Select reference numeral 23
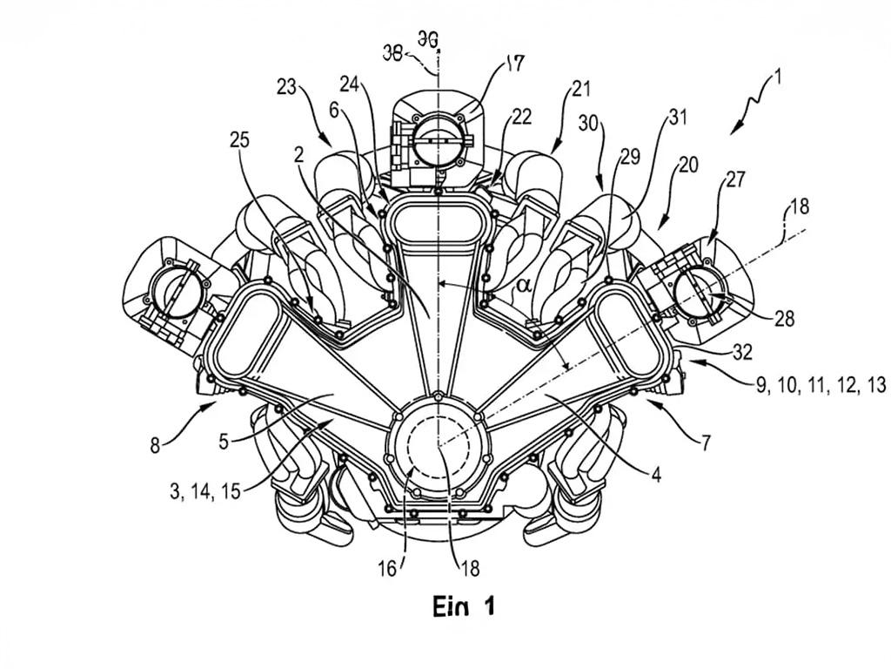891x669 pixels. (288, 87)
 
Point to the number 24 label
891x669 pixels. (350, 85)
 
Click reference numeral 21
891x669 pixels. (581, 88)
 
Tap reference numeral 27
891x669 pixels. (735, 179)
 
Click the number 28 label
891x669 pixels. (784, 319)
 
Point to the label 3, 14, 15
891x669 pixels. (205, 490)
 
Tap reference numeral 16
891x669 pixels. (386, 569)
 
